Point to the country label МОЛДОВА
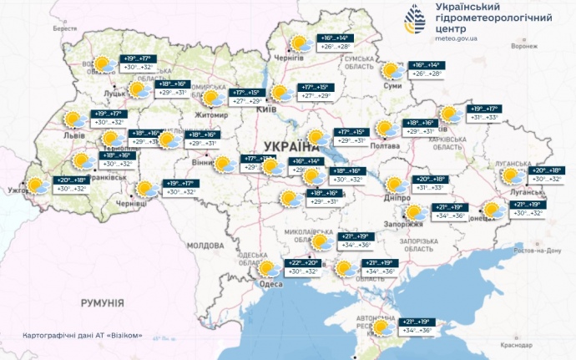205,246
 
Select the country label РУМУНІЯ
97,302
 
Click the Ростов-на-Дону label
534,250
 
